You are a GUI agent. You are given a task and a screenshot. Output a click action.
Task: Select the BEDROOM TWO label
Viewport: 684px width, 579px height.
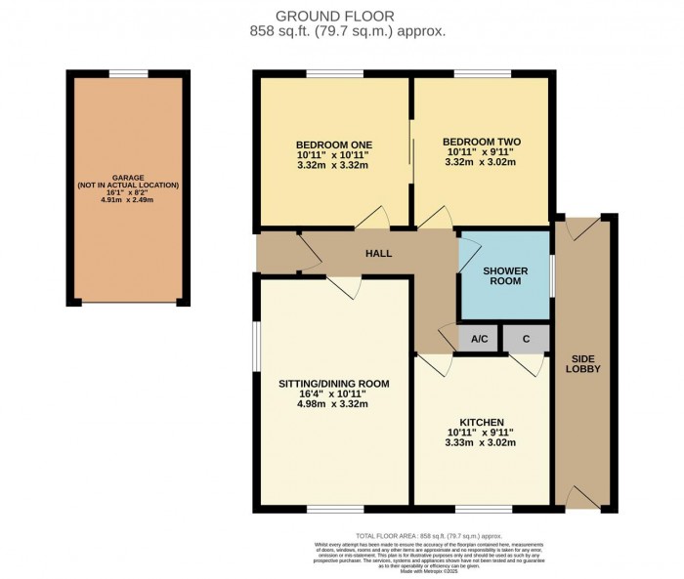point(482,142)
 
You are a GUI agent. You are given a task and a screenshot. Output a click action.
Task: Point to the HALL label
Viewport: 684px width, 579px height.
point(378,254)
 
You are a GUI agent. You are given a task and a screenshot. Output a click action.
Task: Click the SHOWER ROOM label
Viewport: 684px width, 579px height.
point(504,274)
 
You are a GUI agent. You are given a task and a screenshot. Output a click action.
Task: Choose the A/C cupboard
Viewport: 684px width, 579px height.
point(479,340)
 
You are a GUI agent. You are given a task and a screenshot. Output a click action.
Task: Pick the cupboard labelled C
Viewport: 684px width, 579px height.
point(526,340)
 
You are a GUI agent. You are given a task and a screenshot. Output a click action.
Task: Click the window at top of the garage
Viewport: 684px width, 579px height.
point(128,73)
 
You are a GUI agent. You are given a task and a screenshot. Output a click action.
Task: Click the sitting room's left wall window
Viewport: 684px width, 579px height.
point(256,346)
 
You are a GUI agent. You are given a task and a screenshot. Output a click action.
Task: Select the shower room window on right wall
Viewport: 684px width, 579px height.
point(552,274)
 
